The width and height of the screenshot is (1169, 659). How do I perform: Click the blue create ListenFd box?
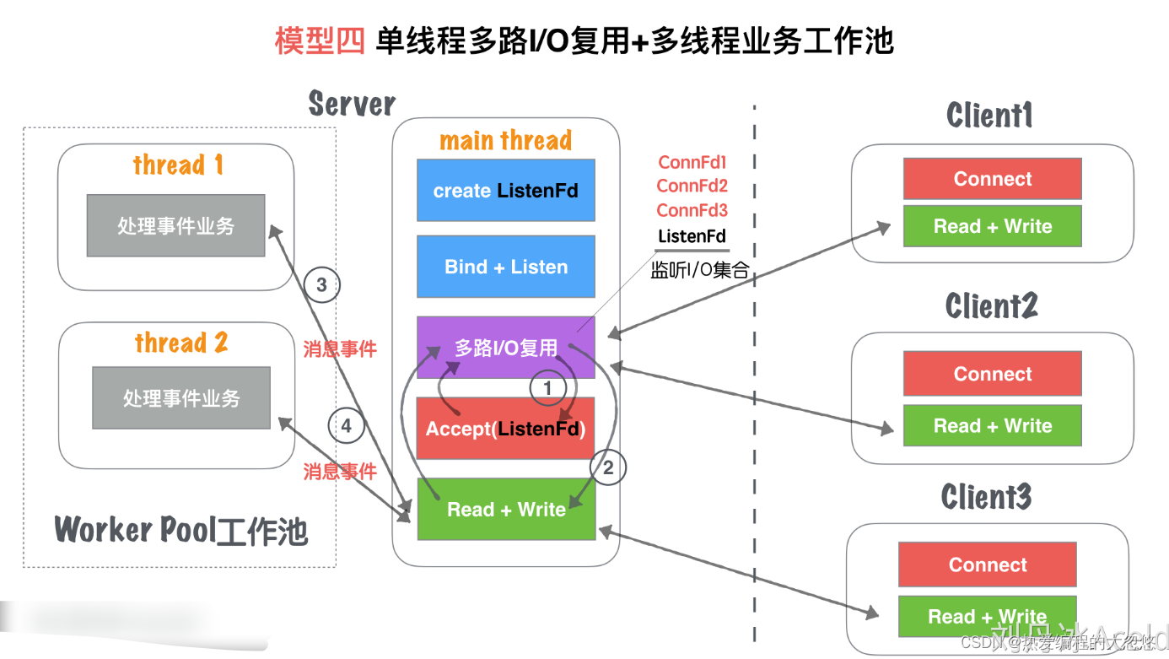coord(505,191)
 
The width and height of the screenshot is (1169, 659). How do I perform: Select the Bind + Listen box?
coord(505,267)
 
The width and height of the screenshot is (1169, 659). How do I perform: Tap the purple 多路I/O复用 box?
coord(505,347)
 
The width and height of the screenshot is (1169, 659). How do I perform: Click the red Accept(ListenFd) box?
coord(505,429)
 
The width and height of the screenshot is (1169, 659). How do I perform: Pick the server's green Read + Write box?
coord(505,509)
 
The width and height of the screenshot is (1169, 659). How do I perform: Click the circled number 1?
coord(547,388)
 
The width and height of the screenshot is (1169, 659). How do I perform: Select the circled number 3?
coord(321,285)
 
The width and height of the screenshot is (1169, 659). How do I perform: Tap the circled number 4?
coord(346,426)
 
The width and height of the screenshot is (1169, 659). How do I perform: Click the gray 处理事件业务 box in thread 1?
coord(175,225)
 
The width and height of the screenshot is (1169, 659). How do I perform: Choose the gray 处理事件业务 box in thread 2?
coord(181,397)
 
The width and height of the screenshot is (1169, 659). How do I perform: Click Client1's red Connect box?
coord(992,179)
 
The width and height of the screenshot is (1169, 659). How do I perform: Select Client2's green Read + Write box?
coord(992,425)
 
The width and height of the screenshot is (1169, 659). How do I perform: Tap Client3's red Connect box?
coord(987,564)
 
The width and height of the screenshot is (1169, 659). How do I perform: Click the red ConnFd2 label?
coord(692,186)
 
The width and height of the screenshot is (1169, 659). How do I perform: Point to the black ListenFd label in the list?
coord(692,236)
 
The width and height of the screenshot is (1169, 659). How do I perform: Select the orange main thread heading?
coord(505,140)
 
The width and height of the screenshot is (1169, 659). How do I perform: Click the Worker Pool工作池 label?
coord(181,531)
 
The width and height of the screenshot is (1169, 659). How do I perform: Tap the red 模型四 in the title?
coord(319,41)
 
